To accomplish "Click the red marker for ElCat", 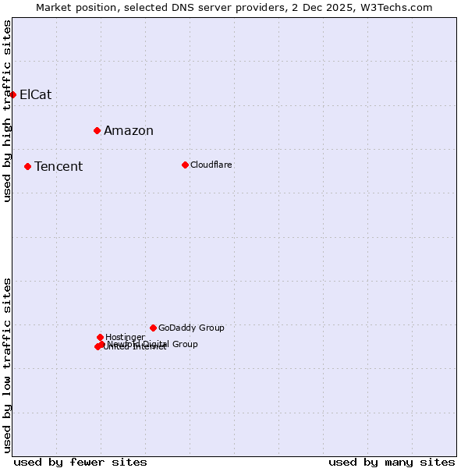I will tap(12, 94).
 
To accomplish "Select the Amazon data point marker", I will tap(97, 130).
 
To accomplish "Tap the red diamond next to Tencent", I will tap(27, 166).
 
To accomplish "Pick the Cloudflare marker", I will tap(185, 165).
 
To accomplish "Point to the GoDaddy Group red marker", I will tap(153, 328).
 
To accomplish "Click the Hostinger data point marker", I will tap(100, 337).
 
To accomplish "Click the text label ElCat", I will tap(35, 95).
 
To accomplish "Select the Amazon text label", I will tap(128, 131).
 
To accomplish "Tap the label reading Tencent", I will tap(58, 167).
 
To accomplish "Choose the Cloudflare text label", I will tap(211, 165).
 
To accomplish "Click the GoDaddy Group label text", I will tap(191, 328).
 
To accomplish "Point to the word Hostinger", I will tap(125, 337).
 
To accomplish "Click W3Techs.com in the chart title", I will tap(396, 8).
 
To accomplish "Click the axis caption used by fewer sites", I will tap(80, 462).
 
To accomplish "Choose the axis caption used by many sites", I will tap(392, 462).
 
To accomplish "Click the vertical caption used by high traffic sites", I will tap(8, 111).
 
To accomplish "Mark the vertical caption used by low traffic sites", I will tap(8, 365).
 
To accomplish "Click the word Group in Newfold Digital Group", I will tap(185, 344).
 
